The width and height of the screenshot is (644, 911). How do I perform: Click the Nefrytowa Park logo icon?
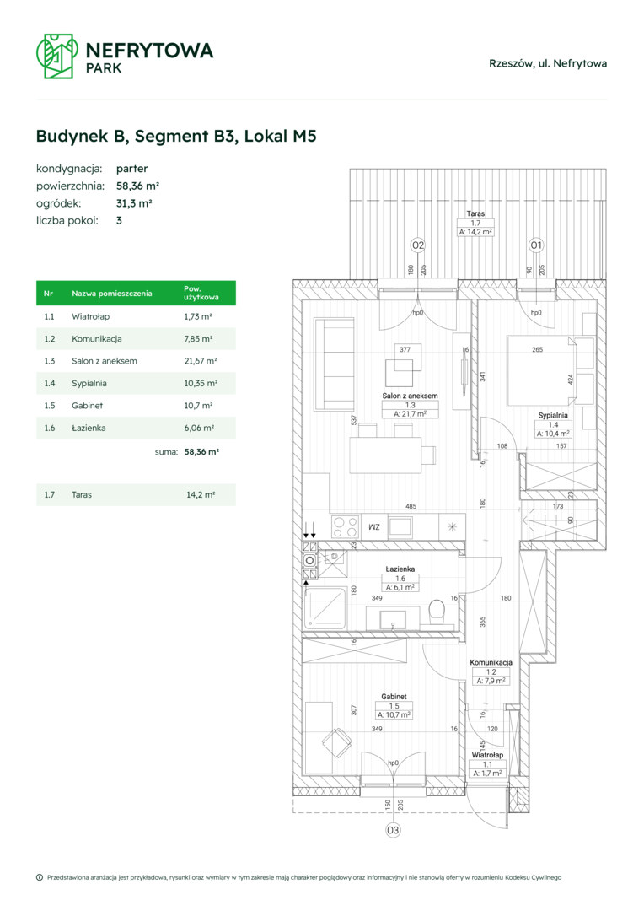(57, 56)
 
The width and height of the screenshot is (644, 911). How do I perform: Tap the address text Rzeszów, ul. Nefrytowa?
(548, 63)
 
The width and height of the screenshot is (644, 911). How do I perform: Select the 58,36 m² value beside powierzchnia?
(137, 186)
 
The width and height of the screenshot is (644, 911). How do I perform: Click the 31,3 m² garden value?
(134, 203)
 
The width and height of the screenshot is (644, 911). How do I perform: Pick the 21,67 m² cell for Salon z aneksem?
(201, 361)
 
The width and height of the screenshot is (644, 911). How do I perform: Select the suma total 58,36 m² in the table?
(201, 451)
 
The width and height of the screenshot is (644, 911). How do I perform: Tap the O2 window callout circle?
(418, 245)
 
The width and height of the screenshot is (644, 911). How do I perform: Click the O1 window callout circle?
(536, 245)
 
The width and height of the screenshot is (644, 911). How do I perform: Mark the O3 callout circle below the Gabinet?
(393, 830)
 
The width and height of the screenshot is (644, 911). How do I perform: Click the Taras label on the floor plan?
(475, 213)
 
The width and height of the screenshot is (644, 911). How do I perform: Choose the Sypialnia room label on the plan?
(553, 415)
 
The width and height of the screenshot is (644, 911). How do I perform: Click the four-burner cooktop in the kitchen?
(345, 527)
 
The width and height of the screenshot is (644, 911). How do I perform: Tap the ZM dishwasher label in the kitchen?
(374, 527)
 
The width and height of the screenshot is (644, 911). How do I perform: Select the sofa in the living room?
(333, 364)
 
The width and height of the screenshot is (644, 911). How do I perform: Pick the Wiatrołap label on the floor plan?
(487, 755)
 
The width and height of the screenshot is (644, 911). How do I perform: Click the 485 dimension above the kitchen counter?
(411, 507)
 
